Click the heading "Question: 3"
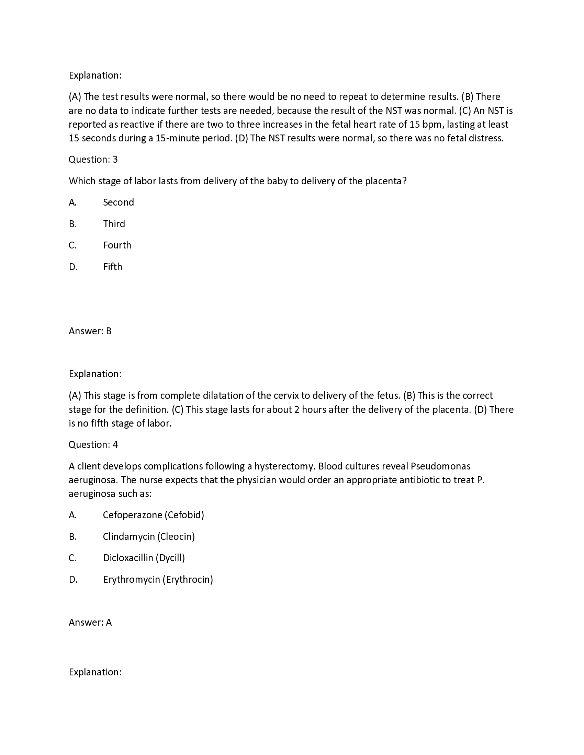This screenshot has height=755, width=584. point(93,159)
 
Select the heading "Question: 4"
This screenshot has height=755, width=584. point(93,444)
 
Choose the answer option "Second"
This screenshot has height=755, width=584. point(118,202)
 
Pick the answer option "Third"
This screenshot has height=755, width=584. point(114,224)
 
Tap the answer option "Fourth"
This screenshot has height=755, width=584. point(117,245)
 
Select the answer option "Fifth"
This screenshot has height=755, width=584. point(112,267)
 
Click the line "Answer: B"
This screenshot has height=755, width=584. point(90,331)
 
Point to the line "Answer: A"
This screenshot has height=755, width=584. point(90,623)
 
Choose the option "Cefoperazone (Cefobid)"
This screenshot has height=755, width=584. point(153,515)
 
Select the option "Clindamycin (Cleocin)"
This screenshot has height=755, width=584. point(149,536)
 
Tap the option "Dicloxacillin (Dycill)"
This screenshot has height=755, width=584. point(144,558)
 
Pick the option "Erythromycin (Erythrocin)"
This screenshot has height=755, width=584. point(158,579)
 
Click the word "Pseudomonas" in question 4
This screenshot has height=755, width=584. point(440,466)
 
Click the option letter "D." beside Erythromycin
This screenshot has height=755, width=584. point(73,579)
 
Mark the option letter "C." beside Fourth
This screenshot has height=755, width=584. point(72,245)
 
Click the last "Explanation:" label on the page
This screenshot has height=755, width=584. point(95,672)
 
